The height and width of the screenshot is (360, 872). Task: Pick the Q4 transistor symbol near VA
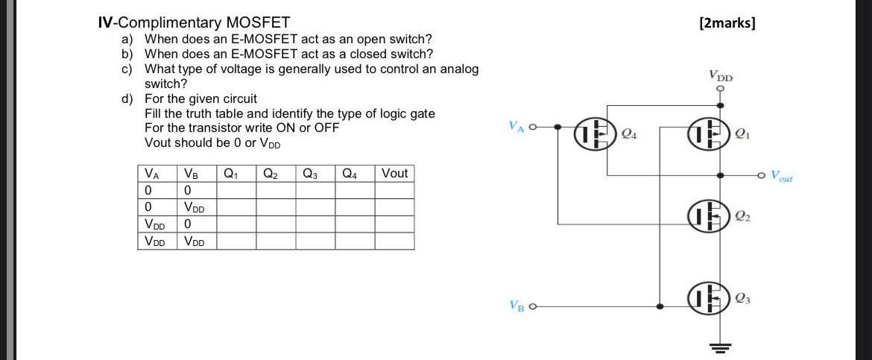point(594,135)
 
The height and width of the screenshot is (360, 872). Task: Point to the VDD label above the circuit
point(721,75)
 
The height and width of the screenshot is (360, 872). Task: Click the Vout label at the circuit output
point(782,177)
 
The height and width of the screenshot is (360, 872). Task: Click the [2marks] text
point(727,22)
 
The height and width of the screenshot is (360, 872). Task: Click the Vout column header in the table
point(394,174)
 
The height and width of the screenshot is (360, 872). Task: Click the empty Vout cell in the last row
point(394,241)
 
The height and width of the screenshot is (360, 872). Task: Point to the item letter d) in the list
point(128,98)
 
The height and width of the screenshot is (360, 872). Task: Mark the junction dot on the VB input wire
point(659,306)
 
